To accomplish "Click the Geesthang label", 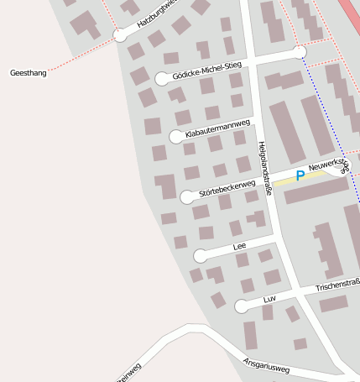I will pos(29,73).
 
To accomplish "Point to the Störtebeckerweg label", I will pos(227,189).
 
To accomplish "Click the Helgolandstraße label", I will pos(264,168).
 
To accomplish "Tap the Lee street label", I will pos(239,246).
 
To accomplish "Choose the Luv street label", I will pos(269,298).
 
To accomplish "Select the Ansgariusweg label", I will pos(266,366).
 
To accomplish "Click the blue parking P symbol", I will pos(300,176).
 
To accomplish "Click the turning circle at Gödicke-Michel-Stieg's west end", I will pos(162,79).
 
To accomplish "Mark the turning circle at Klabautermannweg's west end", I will pos(176,137).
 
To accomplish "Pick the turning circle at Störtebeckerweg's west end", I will pos(187,197).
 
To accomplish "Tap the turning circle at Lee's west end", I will pos(200,256).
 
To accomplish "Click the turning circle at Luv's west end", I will pos(242,306).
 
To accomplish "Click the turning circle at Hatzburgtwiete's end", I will pos(120,35).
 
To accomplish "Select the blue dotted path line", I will pos(331,126).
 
